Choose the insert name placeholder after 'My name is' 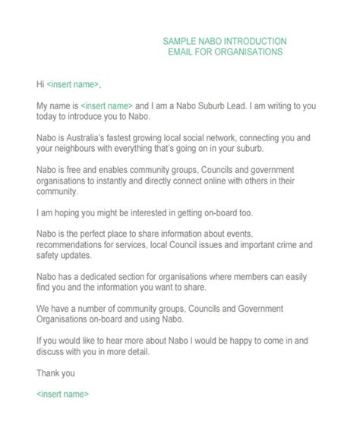click(107, 105)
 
